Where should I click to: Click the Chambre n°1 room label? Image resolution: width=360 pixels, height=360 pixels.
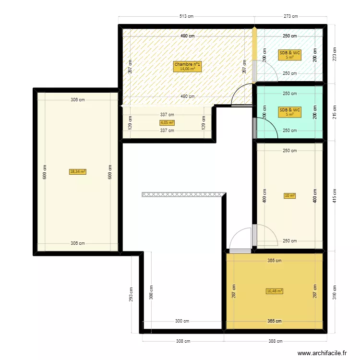[187, 64]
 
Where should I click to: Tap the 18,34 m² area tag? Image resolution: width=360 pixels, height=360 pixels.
[78, 171]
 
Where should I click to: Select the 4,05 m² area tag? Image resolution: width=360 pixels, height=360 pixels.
[167, 123]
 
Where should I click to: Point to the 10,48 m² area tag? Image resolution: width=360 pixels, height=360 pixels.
[275, 291]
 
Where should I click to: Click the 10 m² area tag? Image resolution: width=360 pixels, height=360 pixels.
[289, 195]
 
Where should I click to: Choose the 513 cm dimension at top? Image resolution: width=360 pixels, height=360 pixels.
[186, 16]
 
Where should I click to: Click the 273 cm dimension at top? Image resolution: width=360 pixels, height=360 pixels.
[291, 16]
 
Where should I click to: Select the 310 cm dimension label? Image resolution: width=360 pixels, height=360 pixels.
[335, 291]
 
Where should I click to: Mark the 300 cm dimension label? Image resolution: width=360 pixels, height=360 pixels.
[182, 321]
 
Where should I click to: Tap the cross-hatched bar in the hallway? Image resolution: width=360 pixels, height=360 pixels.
[184, 194]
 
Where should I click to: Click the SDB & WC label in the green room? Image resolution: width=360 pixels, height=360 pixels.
[289, 110]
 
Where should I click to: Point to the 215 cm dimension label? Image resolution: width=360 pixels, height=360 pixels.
[335, 112]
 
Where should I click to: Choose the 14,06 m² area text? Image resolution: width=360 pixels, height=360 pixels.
[187, 69]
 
